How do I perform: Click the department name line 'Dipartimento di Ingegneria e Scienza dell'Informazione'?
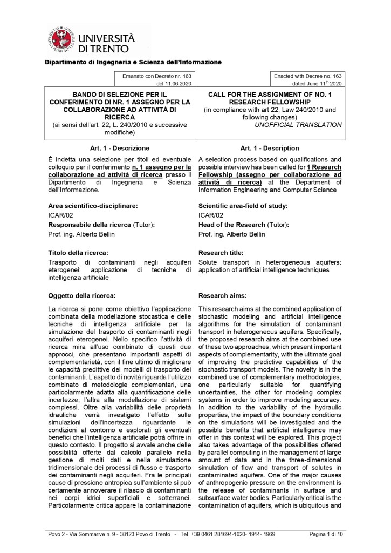pyautogui.click(x=133, y=62)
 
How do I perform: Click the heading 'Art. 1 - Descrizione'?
pyautogui.click(x=119, y=148)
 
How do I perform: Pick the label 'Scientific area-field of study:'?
pyautogui.click(x=243, y=206)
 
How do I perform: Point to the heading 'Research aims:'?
pyautogui.click(x=223, y=295)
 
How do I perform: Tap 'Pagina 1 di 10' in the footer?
pyautogui.click(x=326, y=534)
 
